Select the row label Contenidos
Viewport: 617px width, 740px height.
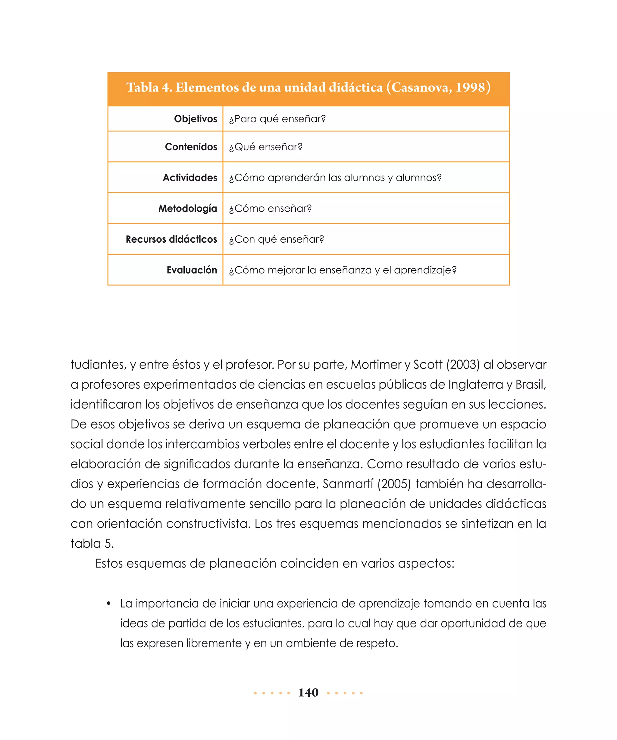pos(191,147)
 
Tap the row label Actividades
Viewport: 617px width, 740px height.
pos(190,178)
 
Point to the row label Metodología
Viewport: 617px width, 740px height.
pos(188,208)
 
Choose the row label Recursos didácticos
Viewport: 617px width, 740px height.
pos(171,239)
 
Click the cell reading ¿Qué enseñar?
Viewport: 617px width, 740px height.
pos(265,147)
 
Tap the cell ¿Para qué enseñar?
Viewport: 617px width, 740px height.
pos(277,119)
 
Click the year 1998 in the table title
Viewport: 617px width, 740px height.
pos(470,87)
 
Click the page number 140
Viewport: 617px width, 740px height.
pos(308,692)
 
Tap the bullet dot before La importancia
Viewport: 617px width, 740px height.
pos(108,604)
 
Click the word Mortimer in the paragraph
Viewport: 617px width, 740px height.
pos(376,364)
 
